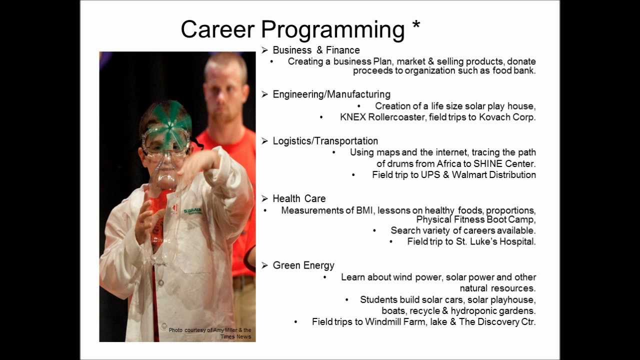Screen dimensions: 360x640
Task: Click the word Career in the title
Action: (x=217, y=29)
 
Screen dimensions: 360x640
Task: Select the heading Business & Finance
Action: (x=316, y=50)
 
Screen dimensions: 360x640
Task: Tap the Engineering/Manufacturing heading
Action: (x=331, y=94)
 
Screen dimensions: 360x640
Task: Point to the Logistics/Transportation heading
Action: (x=325, y=141)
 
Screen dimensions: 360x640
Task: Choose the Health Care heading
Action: (x=299, y=198)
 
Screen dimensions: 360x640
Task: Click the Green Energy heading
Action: (x=303, y=265)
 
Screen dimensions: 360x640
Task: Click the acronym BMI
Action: (x=365, y=210)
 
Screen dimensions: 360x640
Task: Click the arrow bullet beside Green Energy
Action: (x=264, y=265)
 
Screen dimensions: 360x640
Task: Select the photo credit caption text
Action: (x=210, y=333)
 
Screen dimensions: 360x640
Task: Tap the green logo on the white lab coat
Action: (x=193, y=211)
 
